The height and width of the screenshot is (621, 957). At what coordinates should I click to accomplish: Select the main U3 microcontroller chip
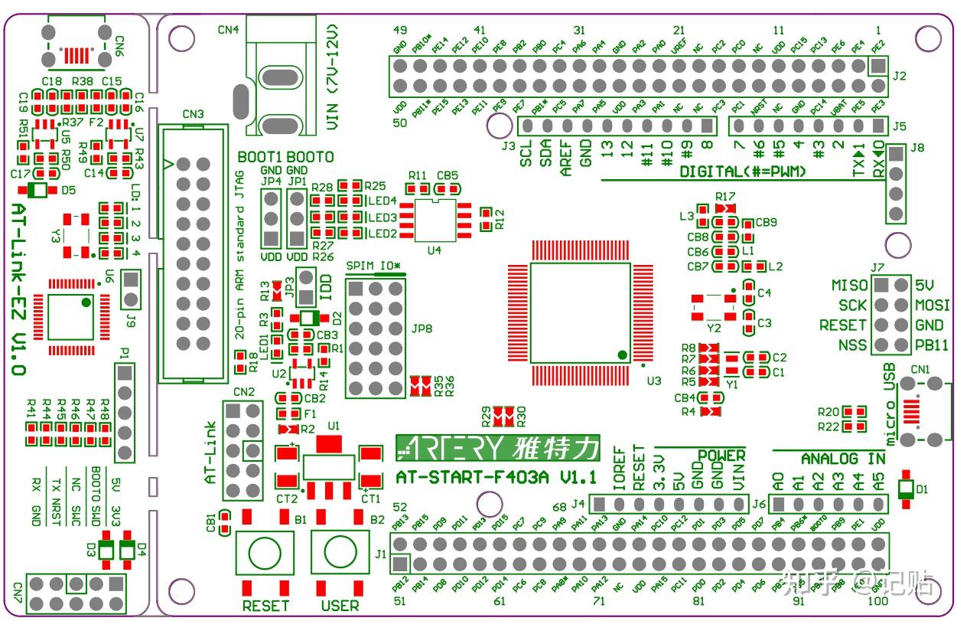[581, 313]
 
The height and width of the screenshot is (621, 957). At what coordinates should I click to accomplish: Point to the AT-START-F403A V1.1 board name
[496, 478]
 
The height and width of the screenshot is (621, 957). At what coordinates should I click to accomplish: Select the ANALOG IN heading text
[842, 459]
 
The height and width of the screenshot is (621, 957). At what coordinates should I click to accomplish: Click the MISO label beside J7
[849, 286]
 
